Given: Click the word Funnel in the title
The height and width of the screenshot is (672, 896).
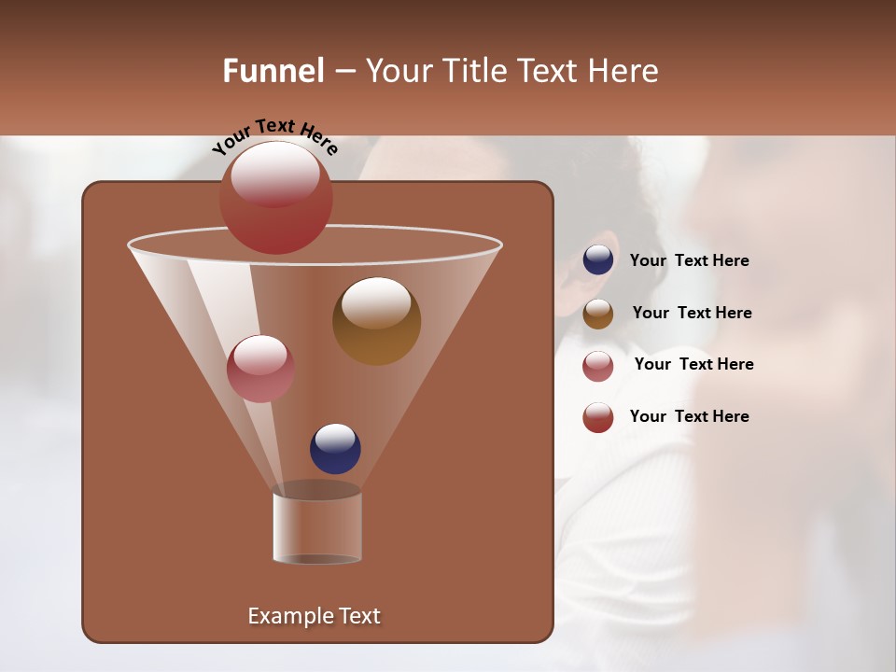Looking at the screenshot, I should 273,71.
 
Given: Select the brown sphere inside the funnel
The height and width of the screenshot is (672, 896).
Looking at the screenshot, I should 376,321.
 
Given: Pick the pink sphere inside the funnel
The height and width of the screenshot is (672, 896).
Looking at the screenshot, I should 260,369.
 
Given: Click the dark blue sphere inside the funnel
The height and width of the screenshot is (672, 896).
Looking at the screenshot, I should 335,449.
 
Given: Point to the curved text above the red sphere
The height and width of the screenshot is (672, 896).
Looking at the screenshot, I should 274,135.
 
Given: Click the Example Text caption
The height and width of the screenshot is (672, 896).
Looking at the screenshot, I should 314,616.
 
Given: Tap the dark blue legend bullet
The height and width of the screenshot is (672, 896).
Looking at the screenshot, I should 598,260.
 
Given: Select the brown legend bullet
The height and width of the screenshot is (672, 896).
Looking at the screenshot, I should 598,314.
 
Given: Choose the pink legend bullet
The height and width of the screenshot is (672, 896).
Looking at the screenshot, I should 598,366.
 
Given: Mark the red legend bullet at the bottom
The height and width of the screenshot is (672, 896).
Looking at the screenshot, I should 598,417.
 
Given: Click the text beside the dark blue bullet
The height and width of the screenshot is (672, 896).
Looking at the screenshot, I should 689,260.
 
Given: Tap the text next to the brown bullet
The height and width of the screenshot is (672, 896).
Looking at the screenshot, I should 692,313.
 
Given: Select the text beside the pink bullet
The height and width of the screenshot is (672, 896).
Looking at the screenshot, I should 693,364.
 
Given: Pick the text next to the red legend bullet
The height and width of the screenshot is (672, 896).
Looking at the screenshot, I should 689,416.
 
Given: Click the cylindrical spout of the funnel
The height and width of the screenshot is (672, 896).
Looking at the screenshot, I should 317,526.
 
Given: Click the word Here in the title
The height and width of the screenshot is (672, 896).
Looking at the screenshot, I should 623,71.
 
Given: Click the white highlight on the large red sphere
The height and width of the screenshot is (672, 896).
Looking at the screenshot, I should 275,173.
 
